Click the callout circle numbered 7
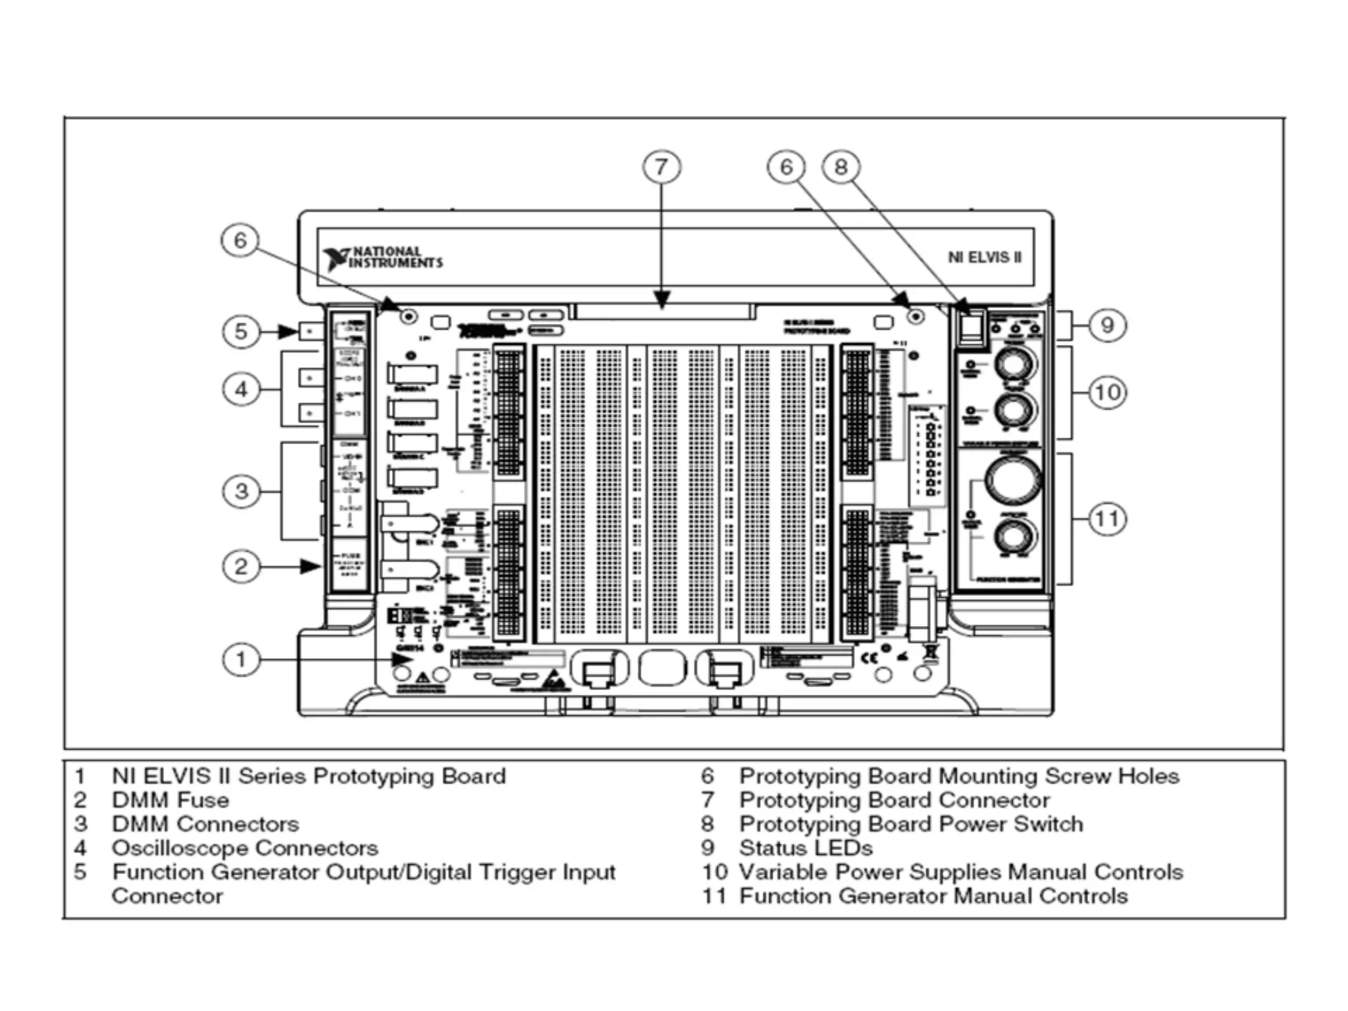661,167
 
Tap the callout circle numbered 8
841,167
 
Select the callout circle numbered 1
241,660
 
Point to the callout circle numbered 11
1107,519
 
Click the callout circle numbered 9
1107,325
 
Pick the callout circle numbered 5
241,331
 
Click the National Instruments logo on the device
383,258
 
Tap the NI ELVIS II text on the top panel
985,257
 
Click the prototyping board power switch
972,328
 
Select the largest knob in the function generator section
1013,480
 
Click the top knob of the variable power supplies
1014,364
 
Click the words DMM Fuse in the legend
170,800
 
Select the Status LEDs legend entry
806,848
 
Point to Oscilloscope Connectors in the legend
245,848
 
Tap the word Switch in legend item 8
1048,824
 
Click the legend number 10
715,872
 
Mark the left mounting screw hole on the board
409,317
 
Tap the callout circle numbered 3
241,491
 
